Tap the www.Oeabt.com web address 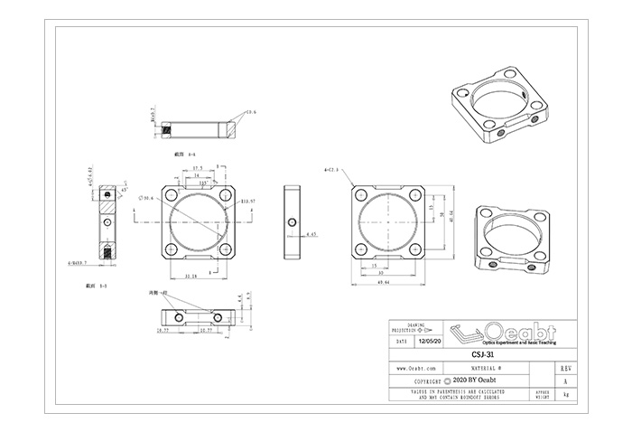[x=417, y=369]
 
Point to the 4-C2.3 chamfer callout [x=331, y=169]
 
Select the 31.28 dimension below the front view [x=191, y=275]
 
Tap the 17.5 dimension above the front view [x=197, y=168]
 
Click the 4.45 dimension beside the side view [x=311, y=234]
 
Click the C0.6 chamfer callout [x=251, y=113]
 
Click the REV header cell [x=564, y=369]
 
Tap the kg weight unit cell [x=564, y=395]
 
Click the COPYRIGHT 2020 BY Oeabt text [x=465, y=381]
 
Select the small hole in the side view [x=292, y=221]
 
